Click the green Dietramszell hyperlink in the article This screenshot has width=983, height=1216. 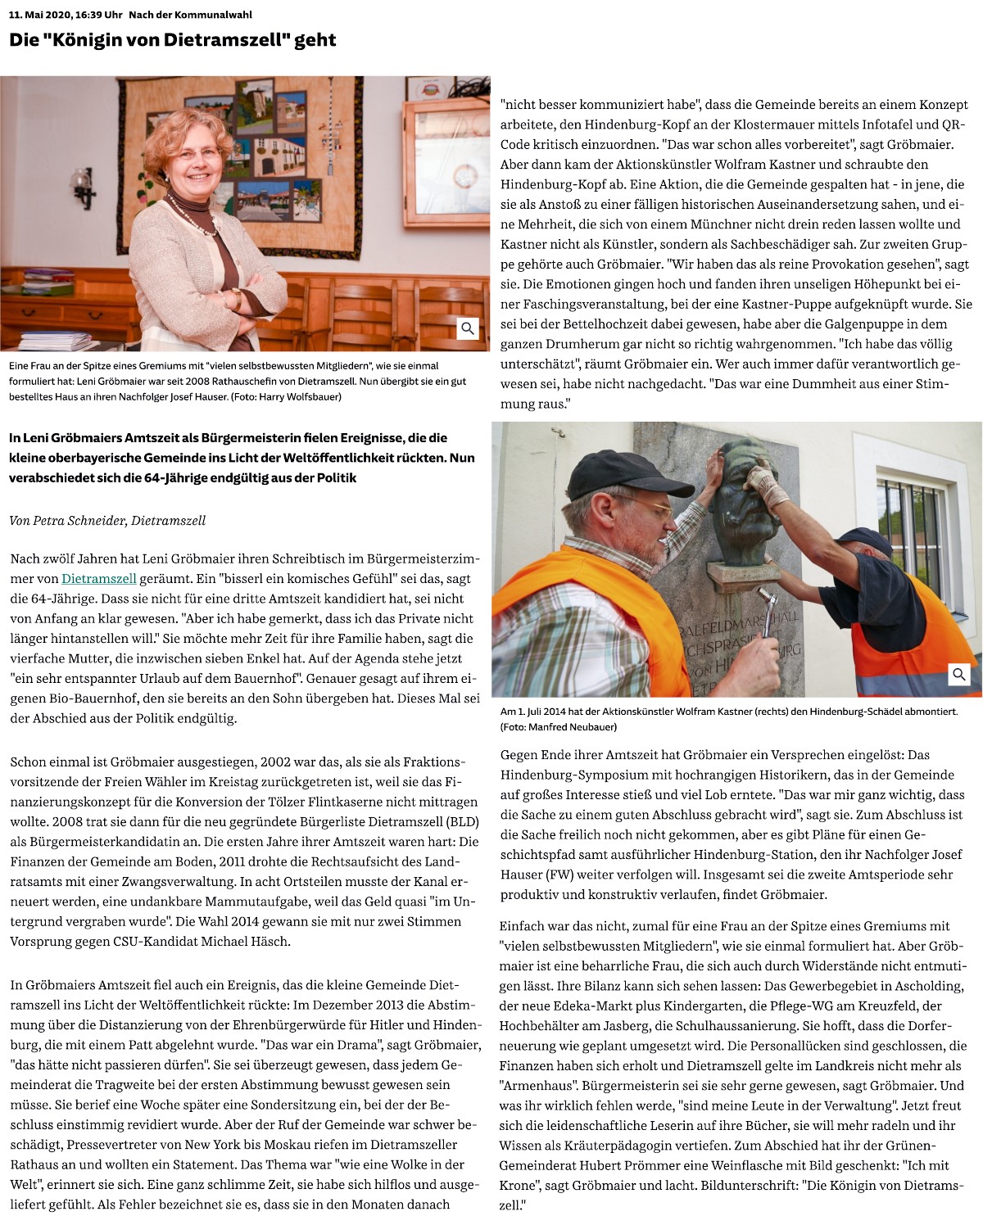pos(98,579)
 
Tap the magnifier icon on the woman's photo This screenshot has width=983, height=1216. pos(468,328)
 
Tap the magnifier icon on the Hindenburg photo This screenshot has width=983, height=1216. pos(959,675)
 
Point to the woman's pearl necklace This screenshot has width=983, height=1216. pos(197,217)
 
